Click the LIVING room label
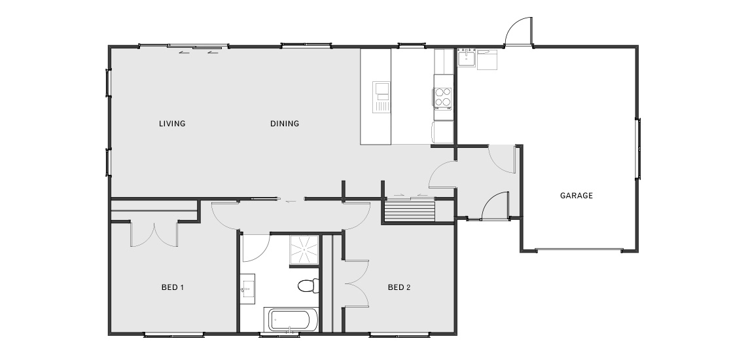point(171,124)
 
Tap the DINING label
point(285,124)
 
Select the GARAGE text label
point(576,195)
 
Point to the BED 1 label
point(173,287)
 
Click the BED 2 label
point(399,287)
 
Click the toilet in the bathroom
point(308,286)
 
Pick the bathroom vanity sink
point(247,289)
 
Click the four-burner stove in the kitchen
point(442,98)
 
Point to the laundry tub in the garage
point(466,58)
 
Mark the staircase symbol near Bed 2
point(410,211)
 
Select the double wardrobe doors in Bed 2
point(357,283)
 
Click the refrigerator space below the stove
point(443,132)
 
